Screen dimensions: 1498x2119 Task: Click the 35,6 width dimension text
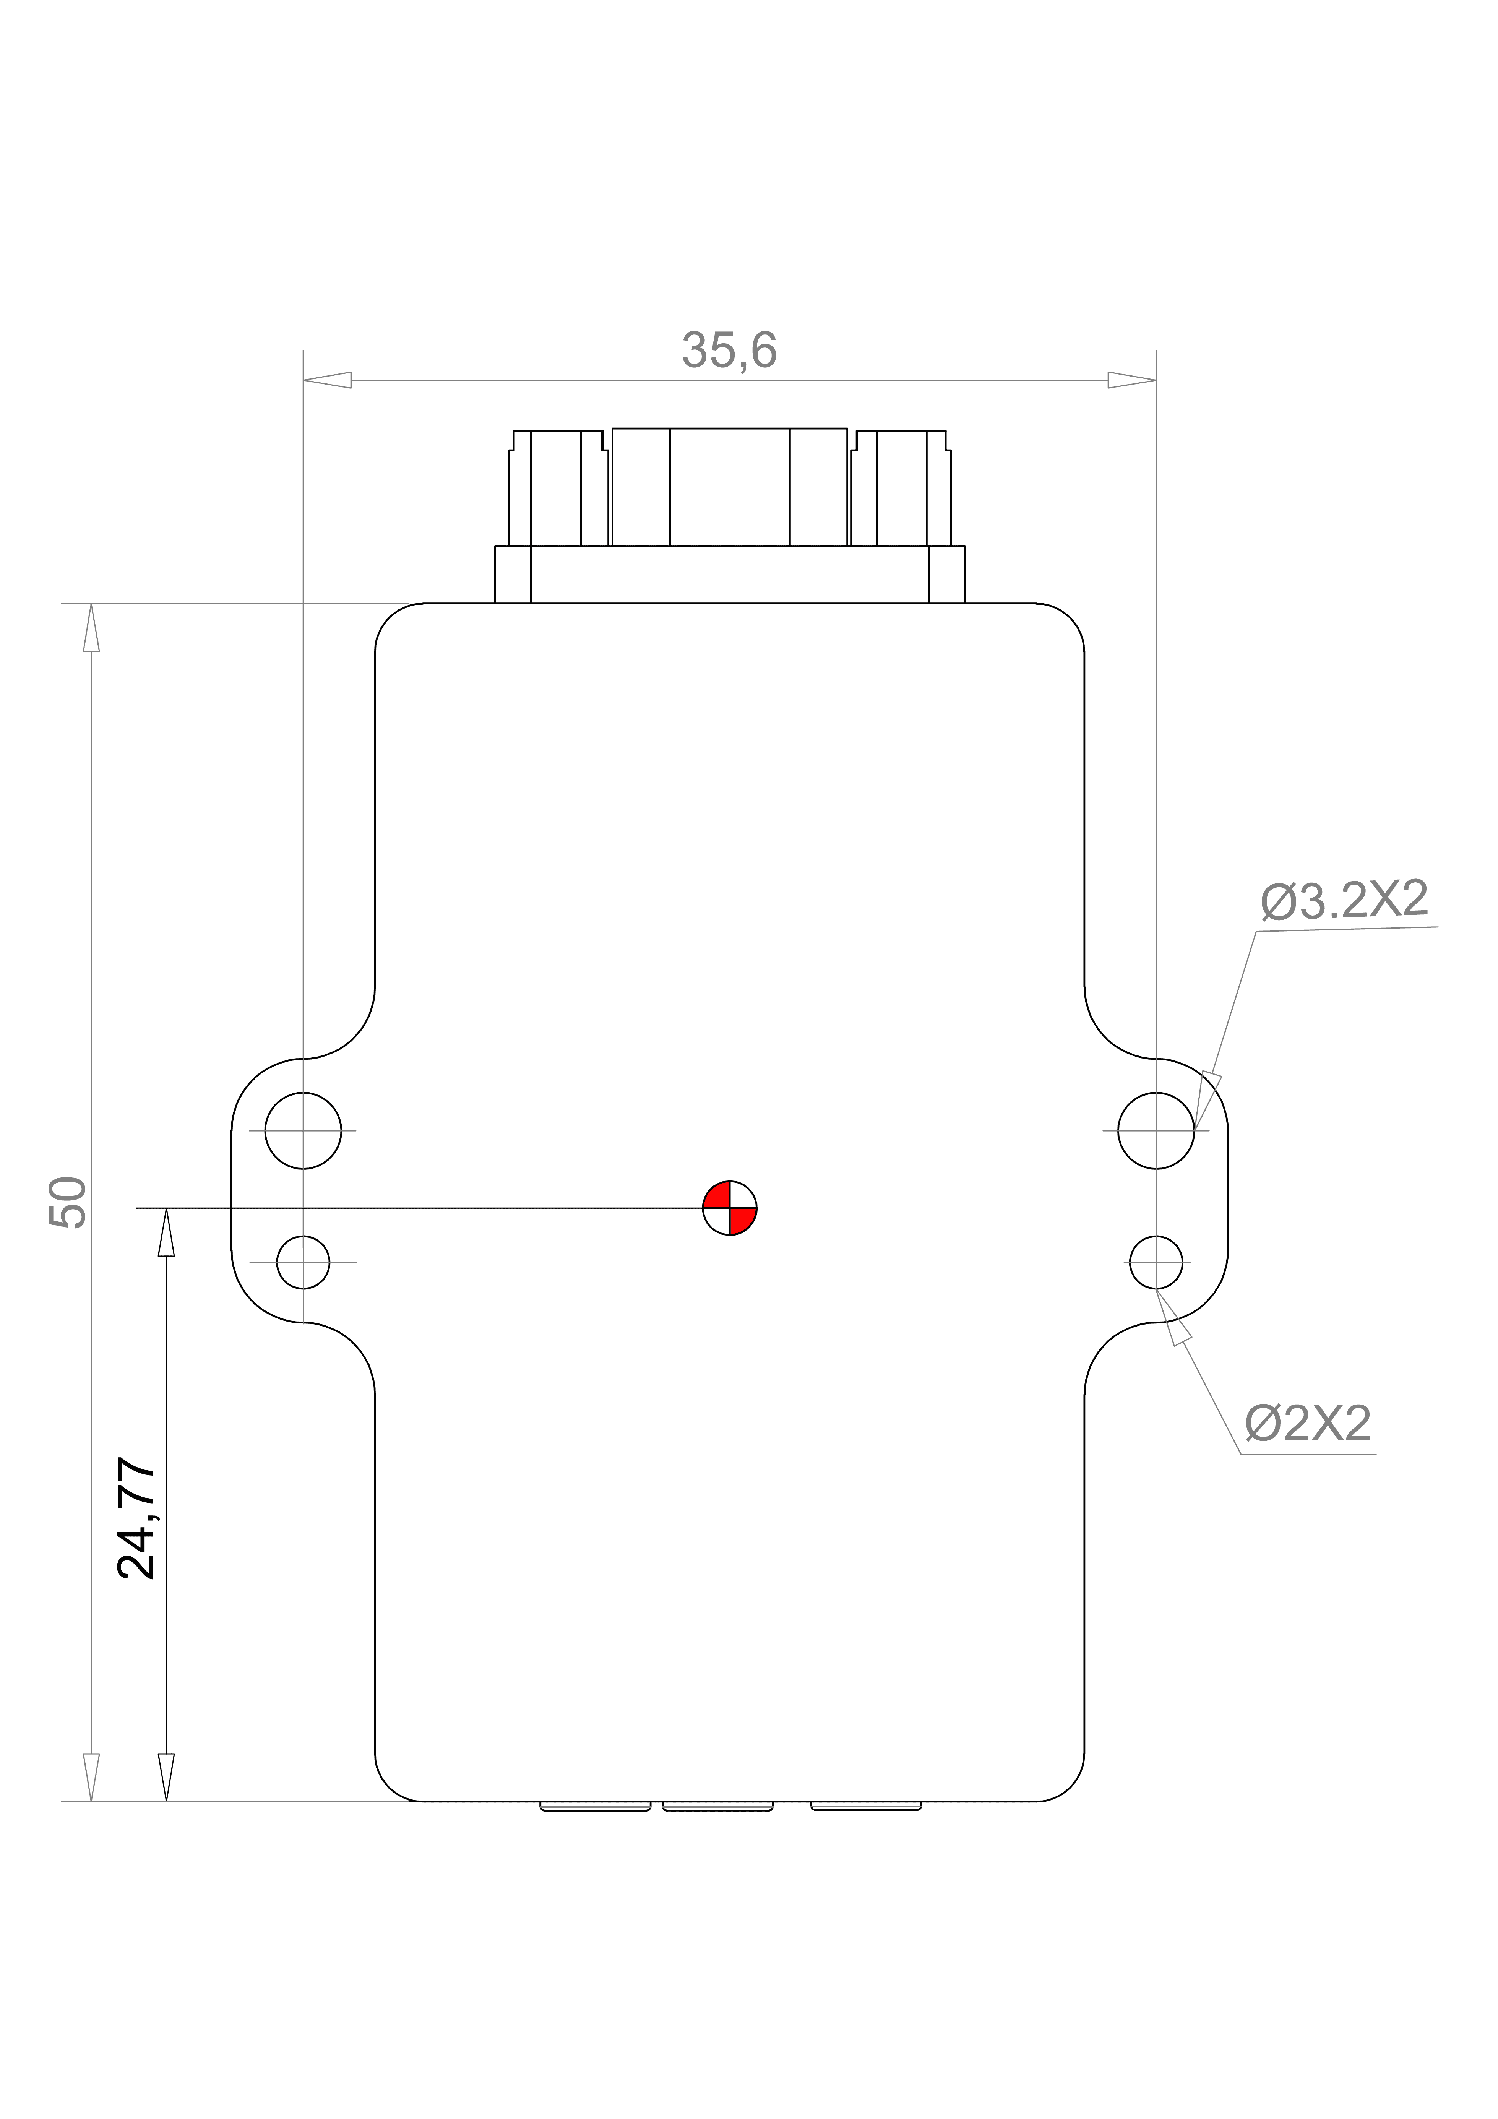click(729, 351)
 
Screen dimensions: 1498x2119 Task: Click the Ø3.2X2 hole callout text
click(1344, 900)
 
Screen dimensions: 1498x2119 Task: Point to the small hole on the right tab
click(1156, 1262)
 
